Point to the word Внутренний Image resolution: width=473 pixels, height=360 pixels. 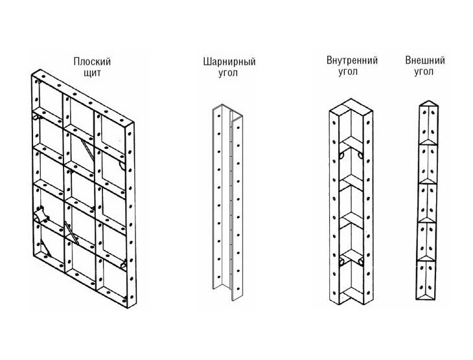[352, 61]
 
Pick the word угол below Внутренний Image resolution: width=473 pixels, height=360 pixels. [352, 72]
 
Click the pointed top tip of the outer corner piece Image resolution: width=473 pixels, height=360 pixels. [427, 102]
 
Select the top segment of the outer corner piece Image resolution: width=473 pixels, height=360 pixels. [427, 123]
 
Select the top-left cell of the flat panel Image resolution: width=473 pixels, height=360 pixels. [48, 104]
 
